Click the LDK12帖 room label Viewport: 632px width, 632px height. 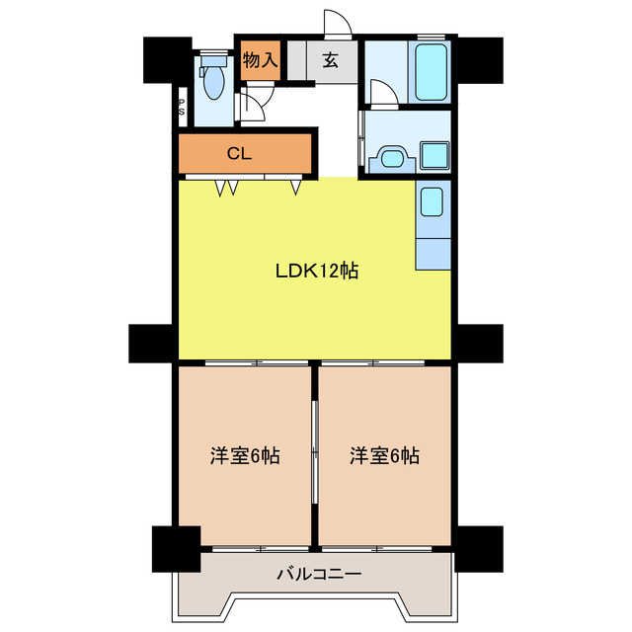coord(315,271)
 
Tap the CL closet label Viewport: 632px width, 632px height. coord(238,153)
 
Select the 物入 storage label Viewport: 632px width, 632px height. coord(260,59)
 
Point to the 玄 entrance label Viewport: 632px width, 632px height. coord(329,59)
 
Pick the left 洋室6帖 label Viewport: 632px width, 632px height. coord(244,456)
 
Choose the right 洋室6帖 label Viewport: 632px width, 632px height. coord(384,456)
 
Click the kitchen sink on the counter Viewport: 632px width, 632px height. coord(434,204)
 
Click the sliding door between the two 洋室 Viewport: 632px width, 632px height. coord(315,454)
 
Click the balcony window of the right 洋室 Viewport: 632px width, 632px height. coord(385,547)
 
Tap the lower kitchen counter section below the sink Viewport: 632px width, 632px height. coord(434,252)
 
